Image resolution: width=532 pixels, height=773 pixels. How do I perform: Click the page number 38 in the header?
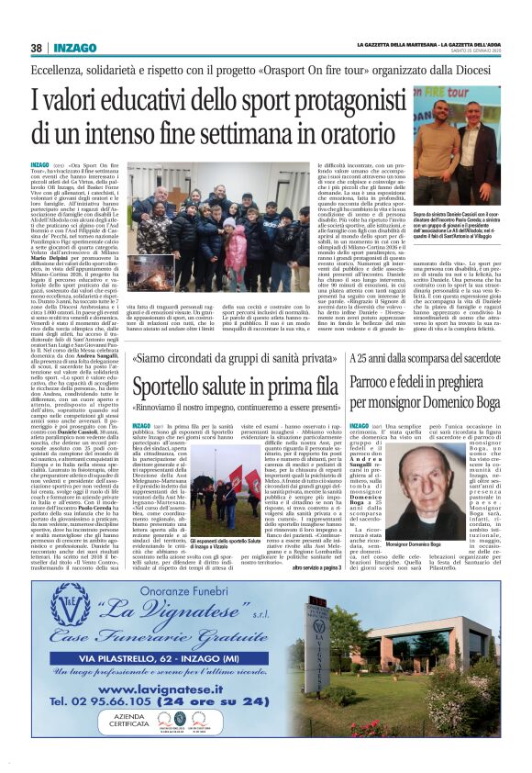click(36, 48)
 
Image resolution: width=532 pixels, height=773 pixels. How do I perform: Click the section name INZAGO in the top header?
click(77, 48)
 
